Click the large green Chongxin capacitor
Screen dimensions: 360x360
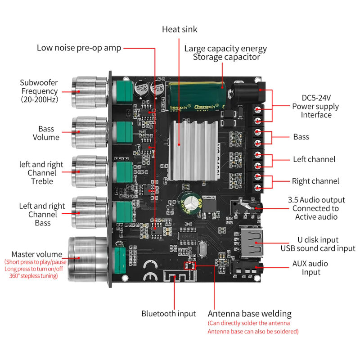click(x=195, y=96)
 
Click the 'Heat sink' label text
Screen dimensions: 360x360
click(x=180, y=30)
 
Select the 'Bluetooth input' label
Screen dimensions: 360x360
click(x=169, y=314)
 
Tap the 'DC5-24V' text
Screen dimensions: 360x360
click(x=316, y=98)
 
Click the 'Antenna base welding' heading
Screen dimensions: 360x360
click(x=249, y=314)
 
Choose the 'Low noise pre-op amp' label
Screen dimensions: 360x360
click(x=79, y=48)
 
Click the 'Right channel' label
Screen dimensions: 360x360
click(x=315, y=181)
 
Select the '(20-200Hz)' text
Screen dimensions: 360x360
click(x=39, y=99)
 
